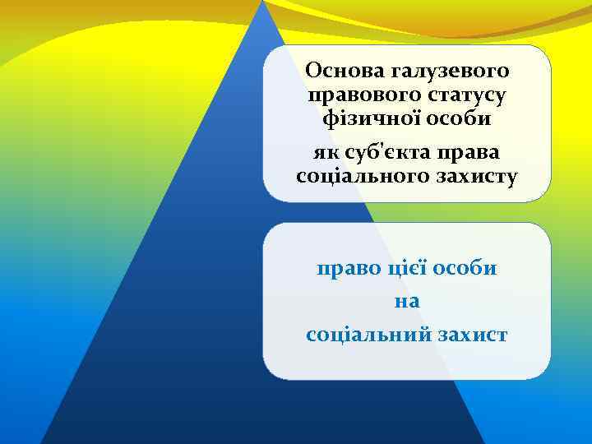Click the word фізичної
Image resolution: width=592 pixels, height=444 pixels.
point(368,119)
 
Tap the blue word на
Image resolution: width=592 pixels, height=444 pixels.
point(407,302)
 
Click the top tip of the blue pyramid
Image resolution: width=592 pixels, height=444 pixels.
point(262,2)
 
